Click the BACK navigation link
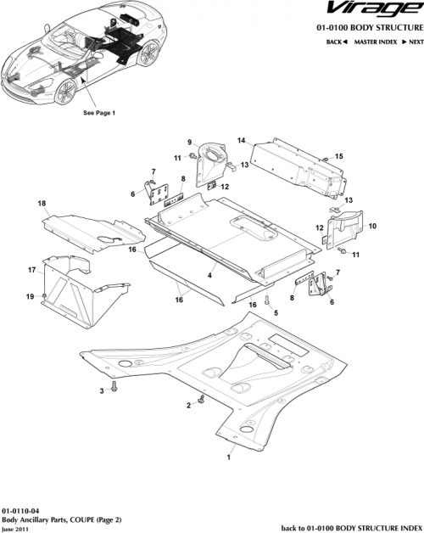point(338,41)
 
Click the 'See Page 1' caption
point(99,112)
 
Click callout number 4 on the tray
point(209,275)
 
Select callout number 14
point(242,141)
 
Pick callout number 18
point(41,205)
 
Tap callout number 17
point(32,270)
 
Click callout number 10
point(372,226)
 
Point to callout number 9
point(190,141)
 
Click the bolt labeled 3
point(114,389)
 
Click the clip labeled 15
point(325,159)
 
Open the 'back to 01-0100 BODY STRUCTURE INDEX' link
point(349,527)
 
